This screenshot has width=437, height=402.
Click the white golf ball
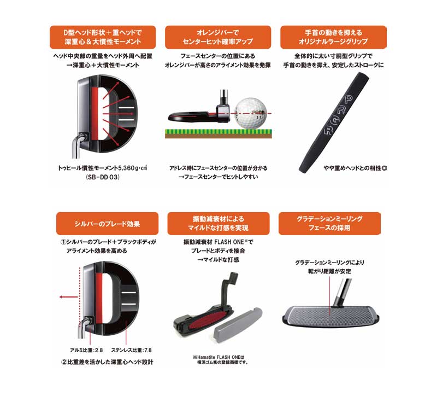pos(251,113)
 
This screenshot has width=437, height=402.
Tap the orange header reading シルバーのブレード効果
pos(107,224)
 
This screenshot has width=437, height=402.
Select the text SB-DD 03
pos(103,177)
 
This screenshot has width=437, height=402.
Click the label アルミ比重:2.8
pos(86,350)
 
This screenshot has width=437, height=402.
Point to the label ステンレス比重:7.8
pos(132,350)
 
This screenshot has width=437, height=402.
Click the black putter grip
pos(334,122)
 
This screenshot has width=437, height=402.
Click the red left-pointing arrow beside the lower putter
pos(69,297)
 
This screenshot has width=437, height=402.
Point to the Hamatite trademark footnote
pos(220,359)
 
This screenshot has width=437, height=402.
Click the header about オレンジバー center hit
pos(218,37)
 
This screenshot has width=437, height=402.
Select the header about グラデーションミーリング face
pos(329,224)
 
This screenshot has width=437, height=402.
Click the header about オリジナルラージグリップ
pos(333,37)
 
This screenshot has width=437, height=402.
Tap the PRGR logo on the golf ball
pos(258,113)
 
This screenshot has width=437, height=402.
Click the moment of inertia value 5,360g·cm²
pos(133,168)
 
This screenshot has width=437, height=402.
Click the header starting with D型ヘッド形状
pos(103,37)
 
